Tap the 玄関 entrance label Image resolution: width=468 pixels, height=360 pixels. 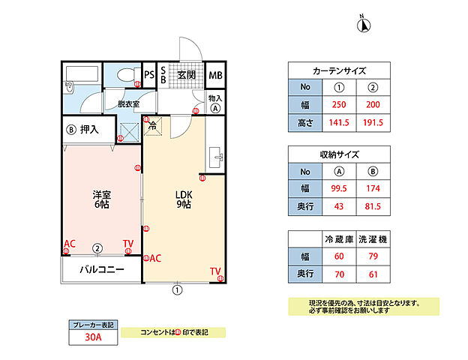[x=187, y=75]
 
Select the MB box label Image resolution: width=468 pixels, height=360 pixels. [x=215, y=75]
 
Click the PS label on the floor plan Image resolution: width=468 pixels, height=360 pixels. [x=149, y=75]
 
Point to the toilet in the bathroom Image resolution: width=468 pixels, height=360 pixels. [x=124, y=75]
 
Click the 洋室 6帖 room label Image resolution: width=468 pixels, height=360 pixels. [x=98, y=197]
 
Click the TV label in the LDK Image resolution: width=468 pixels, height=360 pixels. [x=215, y=271]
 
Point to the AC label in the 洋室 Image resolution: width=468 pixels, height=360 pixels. [x=70, y=244]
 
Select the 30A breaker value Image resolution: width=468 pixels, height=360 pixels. [x=93, y=337]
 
